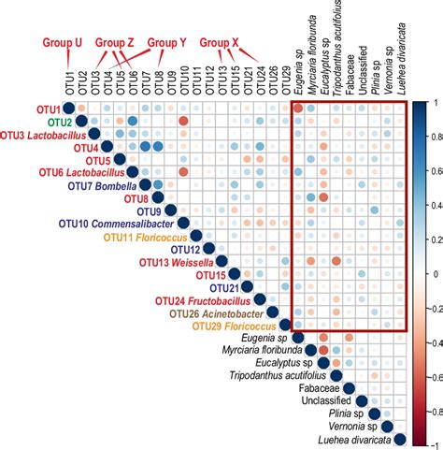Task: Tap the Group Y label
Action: point(167,43)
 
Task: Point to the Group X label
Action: point(221,43)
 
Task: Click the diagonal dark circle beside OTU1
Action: point(68,109)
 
